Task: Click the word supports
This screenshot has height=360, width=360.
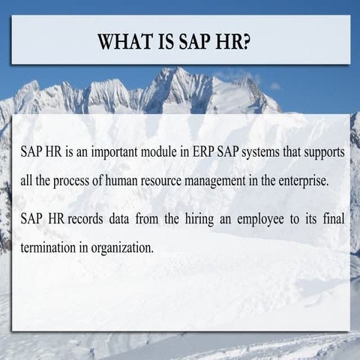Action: pyautogui.click(x=324, y=151)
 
